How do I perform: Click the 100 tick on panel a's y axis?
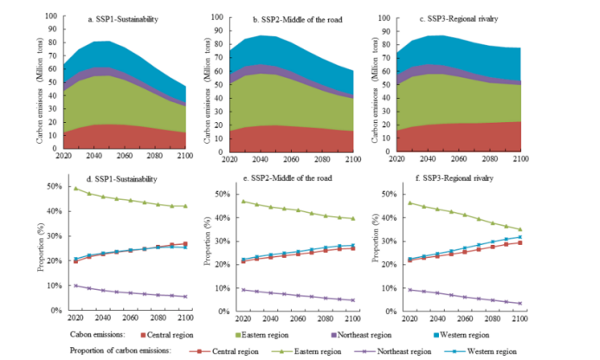point(54,16)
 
